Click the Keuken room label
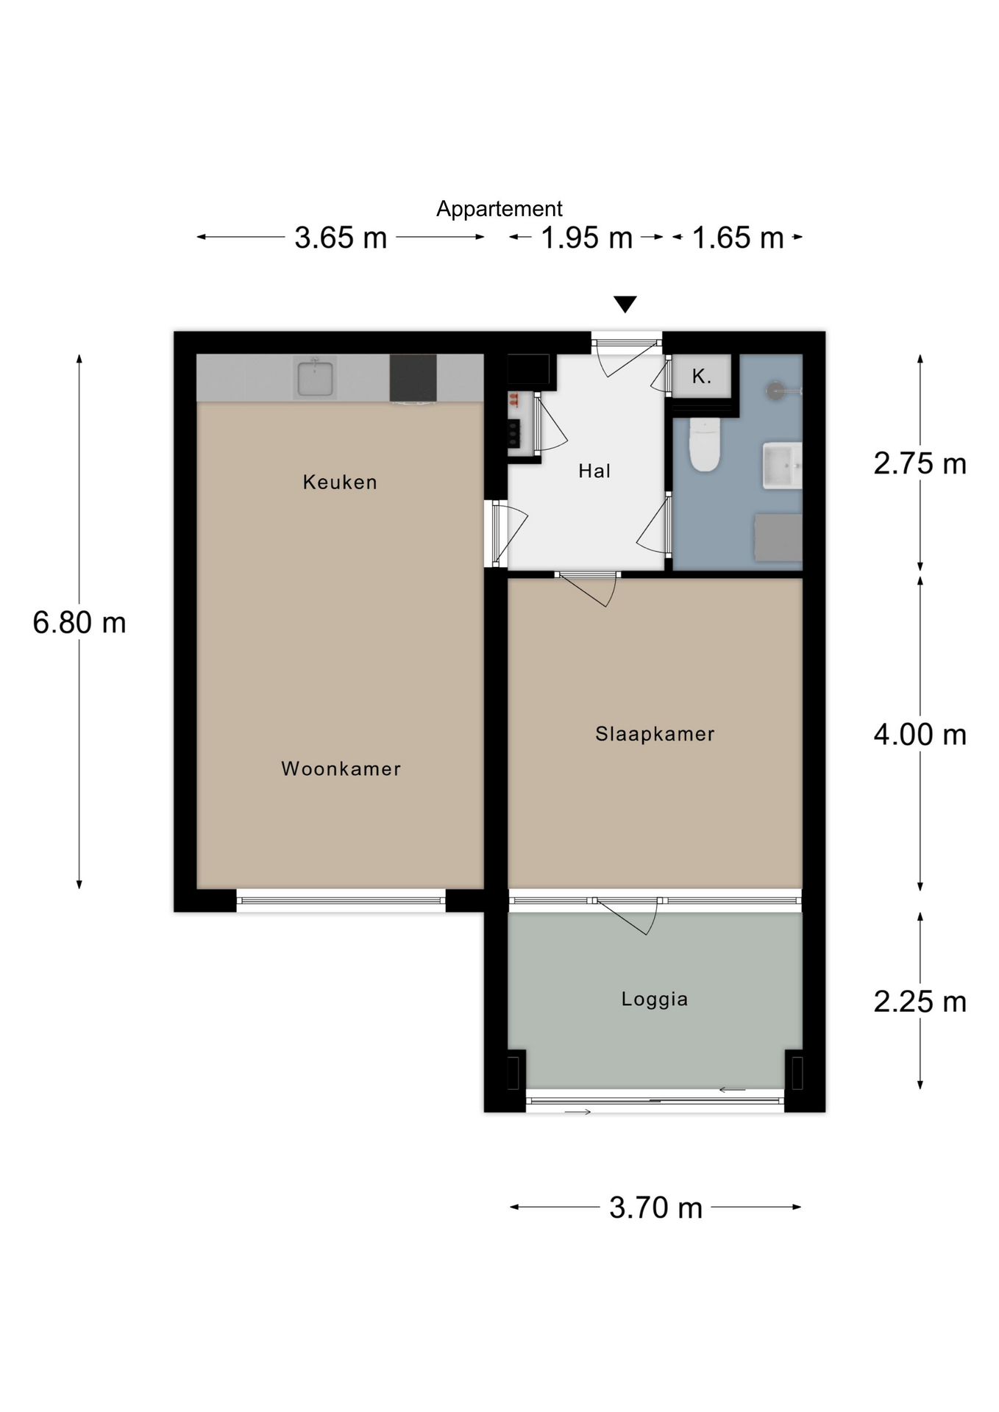coord(340,482)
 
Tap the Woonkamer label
coord(341,769)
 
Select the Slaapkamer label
coord(655,734)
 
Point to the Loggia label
coord(655,999)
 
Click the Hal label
coord(594,471)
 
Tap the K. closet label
coord(702,377)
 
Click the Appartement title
coord(500,209)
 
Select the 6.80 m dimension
coord(79,623)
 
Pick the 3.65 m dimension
coord(341,238)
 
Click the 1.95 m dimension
coord(587,238)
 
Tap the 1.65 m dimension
coord(738,238)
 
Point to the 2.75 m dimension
coord(920,463)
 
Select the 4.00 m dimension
coord(920,735)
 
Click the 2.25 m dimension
coord(920,1002)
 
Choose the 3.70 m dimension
coord(655,1208)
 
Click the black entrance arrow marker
coord(625,304)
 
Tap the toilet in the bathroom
coord(704,444)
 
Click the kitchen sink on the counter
coord(315,378)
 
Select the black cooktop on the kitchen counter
coord(413,379)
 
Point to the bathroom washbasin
coord(782,466)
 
